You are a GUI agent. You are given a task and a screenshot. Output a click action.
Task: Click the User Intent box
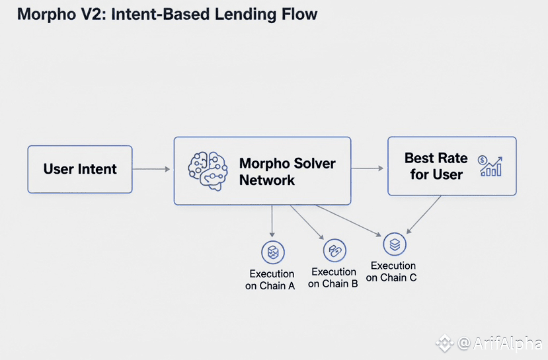pos(80,169)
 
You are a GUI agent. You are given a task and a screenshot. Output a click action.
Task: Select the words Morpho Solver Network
pos(287,171)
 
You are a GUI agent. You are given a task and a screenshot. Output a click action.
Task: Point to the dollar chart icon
pos(490,166)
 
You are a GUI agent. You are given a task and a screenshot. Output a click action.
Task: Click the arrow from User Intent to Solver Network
pos(152,170)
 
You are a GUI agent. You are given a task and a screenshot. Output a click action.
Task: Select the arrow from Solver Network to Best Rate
pos(368,168)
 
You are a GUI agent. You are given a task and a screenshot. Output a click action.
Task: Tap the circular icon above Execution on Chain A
pos(272,252)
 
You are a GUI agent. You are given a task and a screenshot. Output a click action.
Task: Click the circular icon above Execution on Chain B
pos(334,250)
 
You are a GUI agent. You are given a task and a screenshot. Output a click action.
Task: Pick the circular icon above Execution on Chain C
pos(395,244)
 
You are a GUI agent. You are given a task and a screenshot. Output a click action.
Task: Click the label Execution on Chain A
pos(272,279)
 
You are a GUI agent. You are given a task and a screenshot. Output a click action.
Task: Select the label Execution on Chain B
pos(334,277)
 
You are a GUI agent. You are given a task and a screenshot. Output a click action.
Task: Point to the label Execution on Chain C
pos(393,271)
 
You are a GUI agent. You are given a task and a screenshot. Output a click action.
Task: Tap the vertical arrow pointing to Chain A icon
pos(272,221)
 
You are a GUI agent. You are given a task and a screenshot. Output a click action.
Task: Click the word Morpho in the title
pos(46,15)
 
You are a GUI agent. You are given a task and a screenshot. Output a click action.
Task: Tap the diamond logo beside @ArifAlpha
pos(444,343)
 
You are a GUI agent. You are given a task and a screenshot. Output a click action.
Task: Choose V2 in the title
pos(93,15)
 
